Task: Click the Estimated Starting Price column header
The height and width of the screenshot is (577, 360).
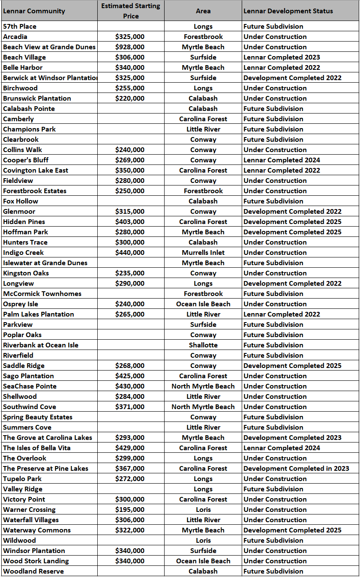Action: coord(131,11)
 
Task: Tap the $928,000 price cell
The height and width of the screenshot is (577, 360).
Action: coord(130,47)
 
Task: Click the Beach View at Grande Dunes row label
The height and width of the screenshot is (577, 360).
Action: coord(49,47)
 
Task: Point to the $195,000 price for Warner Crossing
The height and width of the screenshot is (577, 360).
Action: coord(130,510)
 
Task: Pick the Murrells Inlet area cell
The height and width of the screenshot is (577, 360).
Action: coord(203,253)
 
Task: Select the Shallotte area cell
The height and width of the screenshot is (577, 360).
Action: coord(203,345)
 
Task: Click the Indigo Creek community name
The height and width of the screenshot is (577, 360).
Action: coord(24,253)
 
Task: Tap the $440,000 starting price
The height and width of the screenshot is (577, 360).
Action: coord(130,253)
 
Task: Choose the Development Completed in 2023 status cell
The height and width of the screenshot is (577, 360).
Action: coord(296,469)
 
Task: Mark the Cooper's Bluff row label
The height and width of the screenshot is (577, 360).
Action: coord(26,160)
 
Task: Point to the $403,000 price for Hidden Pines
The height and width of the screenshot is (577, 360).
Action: coord(130,222)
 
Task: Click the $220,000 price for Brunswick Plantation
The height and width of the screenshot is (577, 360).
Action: coord(130,99)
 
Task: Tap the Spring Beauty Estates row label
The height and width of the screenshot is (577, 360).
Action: coord(38,417)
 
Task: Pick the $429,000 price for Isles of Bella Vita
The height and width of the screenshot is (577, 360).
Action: coord(130,448)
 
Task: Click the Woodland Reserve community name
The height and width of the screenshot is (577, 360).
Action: coord(33,571)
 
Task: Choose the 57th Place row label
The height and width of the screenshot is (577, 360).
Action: coord(20,27)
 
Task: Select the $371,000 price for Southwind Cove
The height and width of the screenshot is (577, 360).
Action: coord(130,407)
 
